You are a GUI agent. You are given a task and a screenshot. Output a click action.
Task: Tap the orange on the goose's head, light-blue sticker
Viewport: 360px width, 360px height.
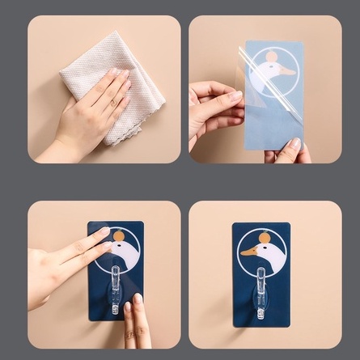point(271,57)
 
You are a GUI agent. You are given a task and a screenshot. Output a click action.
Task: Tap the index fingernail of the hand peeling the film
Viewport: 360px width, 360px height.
point(234,95)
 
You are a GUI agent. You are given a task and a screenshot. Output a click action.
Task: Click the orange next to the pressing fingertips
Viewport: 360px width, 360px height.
point(118,236)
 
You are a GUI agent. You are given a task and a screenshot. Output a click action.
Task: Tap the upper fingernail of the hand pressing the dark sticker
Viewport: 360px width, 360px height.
point(104,232)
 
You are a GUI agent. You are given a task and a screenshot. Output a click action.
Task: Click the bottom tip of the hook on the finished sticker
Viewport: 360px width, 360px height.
point(260,316)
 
